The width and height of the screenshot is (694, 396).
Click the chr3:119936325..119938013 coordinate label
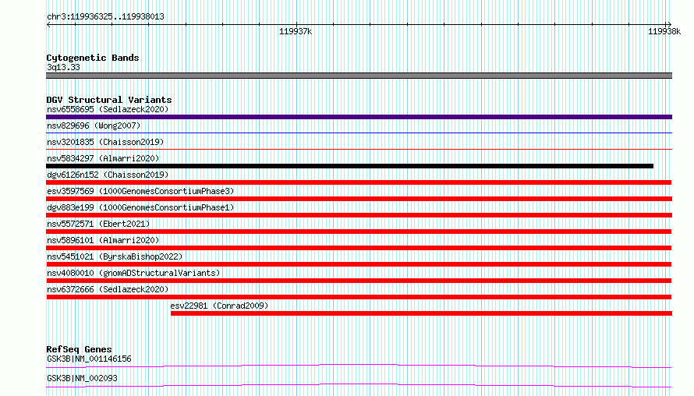[x=105, y=17]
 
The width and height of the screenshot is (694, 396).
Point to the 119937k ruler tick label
[x=296, y=31]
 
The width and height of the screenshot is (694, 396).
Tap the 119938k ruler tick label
[x=664, y=31]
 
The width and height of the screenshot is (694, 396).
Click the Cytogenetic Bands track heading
[x=93, y=58]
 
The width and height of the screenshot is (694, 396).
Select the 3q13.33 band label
[x=63, y=67]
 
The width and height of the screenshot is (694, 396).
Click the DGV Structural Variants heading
[x=109, y=100]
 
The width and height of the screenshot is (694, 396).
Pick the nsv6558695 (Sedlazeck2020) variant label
[x=108, y=109]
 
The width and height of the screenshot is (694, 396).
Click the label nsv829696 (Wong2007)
[x=94, y=126]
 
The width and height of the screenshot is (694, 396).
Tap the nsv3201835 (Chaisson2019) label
[x=105, y=142]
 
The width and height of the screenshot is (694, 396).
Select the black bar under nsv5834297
[x=349, y=166]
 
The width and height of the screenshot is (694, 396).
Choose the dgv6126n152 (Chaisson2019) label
[x=108, y=175]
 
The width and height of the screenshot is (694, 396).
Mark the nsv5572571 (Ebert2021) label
[x=98, y=224]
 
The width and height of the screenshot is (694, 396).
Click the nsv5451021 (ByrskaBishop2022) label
[x=115, y=256]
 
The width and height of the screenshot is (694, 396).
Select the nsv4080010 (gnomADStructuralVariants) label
[x=133, y=273]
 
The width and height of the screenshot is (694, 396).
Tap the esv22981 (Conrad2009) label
[x=219, y=306]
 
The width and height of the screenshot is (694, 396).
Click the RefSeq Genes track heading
[x=79, y=349]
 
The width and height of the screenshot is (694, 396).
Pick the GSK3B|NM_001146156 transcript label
[x=89, y=359]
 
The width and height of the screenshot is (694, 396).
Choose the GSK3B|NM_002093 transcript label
[x=82, y=378]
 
